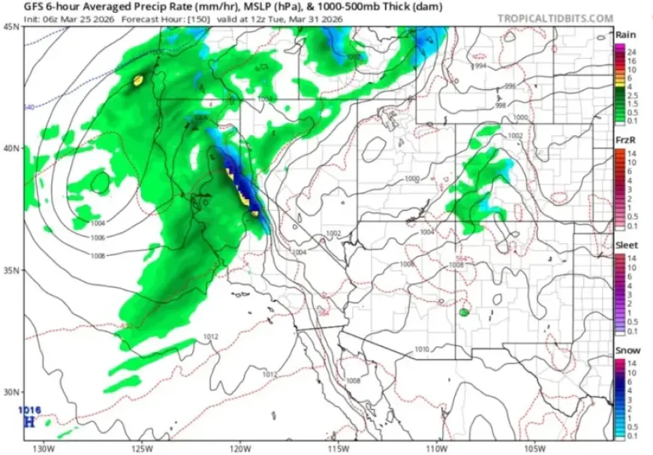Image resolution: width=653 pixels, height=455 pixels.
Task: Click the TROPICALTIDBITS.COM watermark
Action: [555, 18]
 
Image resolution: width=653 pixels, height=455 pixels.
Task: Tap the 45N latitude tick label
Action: [12, 26]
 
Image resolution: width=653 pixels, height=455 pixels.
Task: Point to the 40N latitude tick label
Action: [12, 148]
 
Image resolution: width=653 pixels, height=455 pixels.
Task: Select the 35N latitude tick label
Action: [12, 270]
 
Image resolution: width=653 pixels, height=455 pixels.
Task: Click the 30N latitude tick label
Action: [12, 392]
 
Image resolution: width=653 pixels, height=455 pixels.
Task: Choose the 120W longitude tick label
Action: [240, 448]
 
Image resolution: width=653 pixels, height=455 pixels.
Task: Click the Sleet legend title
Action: [626, 246]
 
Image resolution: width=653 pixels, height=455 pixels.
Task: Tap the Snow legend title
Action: [626, 351]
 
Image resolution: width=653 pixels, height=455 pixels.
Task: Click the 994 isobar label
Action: [480, 67]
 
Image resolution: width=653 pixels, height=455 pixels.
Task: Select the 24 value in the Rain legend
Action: [632, 51]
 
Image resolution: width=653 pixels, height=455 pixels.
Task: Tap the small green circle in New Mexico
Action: [465, 311]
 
